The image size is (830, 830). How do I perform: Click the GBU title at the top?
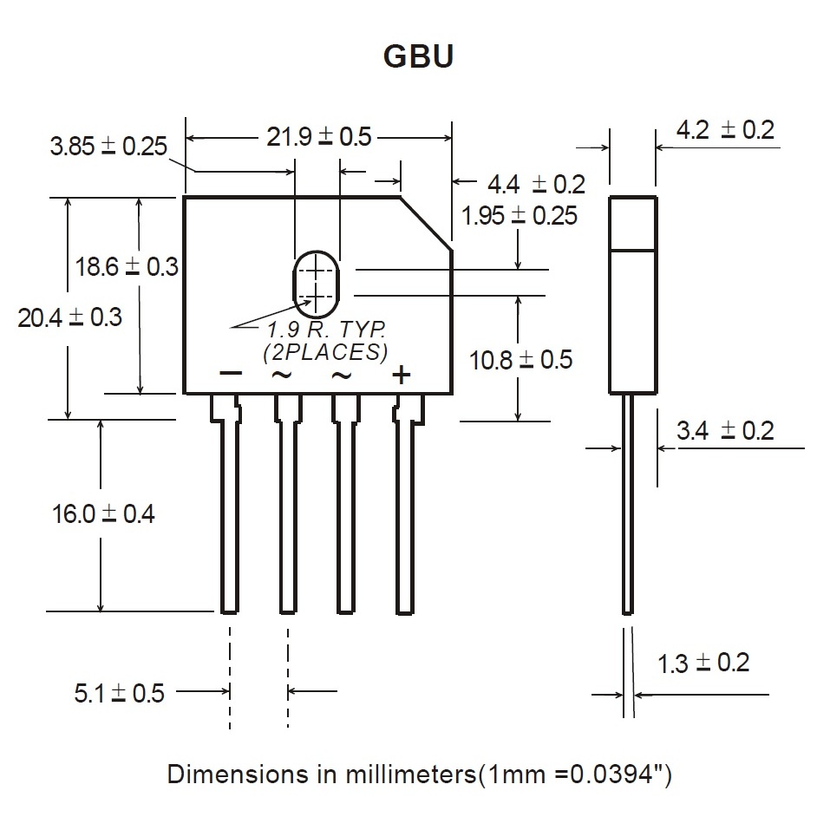click(x=418, y=56)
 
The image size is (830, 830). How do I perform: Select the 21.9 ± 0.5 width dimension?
click(x=319, y=136)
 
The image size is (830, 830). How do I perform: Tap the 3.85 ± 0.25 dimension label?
click(x=108, y=146)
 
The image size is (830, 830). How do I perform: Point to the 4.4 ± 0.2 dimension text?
click(x=536, y=184)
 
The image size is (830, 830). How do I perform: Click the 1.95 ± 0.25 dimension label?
click(x=519, y=215)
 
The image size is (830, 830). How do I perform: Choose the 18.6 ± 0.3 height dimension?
click(x=127, y=266)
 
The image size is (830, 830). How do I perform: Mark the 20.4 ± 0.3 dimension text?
click(x=70, y=317)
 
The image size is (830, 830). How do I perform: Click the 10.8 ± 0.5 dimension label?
click(x=521, y=360)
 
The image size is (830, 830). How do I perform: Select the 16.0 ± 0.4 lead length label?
click(x=103, y=513)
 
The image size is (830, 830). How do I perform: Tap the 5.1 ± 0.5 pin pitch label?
click(x=119, y=693)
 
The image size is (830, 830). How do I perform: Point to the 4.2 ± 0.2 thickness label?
click(x=725, y=130)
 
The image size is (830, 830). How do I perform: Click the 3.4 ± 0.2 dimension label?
click(x=725, y=430)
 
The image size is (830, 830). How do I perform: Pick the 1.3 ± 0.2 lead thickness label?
click(x=703, y=663)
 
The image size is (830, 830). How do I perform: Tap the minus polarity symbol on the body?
click(x=230, y=373)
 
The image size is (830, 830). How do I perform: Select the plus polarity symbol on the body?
click(x=402, y=375)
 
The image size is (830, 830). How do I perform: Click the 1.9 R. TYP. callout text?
click(x=326, y=330)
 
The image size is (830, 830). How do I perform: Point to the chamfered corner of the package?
click(x=426, y=224)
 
